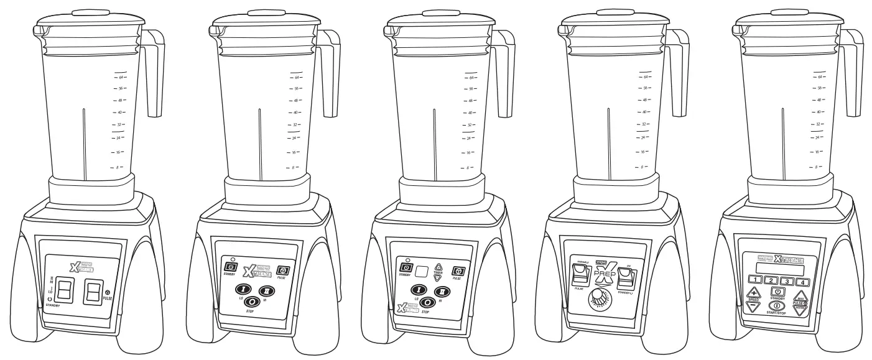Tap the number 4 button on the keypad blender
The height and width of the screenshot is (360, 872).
pos(802,282)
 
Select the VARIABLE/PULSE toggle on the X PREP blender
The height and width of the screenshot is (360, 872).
pos(580,271)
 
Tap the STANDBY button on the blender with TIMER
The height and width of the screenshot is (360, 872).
pos(401,269)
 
